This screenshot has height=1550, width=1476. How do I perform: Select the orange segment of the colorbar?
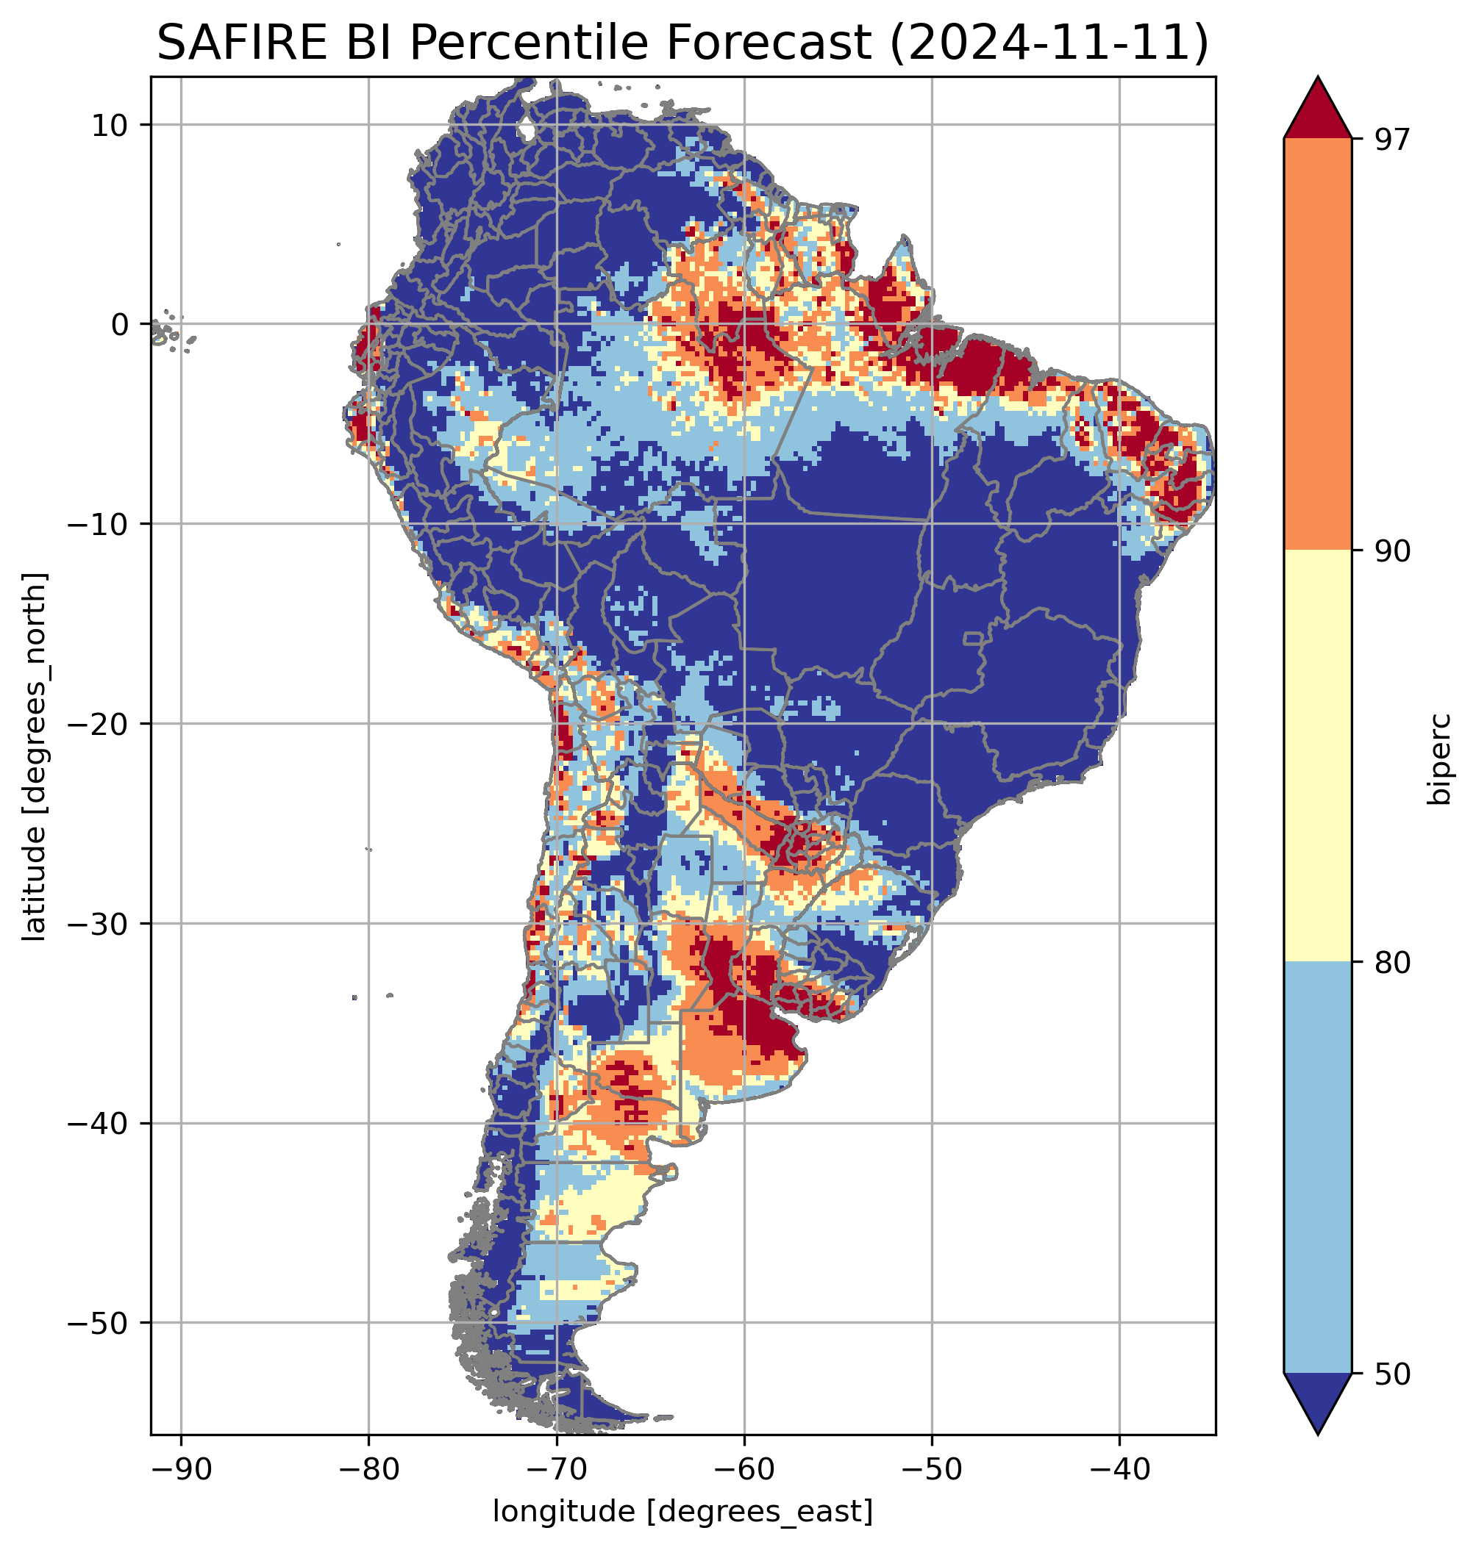click(1317, 345)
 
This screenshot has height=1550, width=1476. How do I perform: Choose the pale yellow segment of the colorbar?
click(1317, 755)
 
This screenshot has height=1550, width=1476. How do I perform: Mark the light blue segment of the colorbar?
click(1317, 1168)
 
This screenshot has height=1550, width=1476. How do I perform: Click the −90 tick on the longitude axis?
click(181, 1471)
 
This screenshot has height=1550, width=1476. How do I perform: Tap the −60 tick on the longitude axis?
click(744, 1471)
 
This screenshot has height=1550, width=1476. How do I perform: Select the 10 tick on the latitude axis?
click(111, 125)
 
